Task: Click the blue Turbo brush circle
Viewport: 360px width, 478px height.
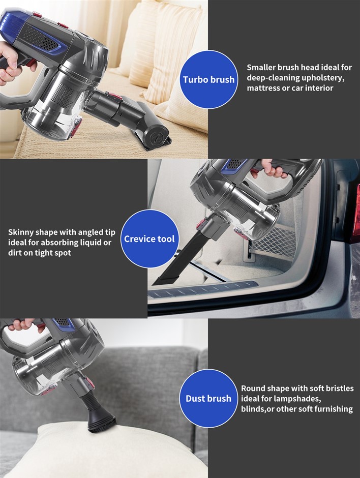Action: point(208,79)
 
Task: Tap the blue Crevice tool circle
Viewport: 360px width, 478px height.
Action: point(149,238)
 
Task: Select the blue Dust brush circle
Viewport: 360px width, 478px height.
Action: point(208,398)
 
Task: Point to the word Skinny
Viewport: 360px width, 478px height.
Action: point(21,232)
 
